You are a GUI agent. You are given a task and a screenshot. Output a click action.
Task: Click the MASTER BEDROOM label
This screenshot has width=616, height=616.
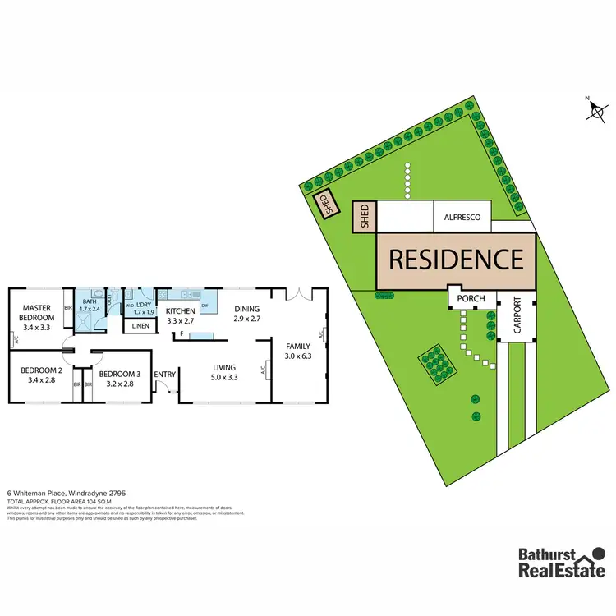[x=38, y=312]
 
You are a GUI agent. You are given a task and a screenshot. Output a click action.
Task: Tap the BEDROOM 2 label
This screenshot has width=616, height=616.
[x=38, y=370]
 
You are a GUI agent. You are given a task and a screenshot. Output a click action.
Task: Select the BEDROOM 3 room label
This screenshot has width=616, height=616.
[x=121, y=374]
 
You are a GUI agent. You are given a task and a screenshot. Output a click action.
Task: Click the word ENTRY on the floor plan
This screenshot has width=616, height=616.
[x=165, y=375]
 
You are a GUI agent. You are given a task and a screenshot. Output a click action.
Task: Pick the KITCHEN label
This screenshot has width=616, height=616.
[x=181, y=311]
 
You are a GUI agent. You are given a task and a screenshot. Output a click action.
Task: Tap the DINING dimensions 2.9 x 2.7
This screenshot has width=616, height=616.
[x=246, y=318]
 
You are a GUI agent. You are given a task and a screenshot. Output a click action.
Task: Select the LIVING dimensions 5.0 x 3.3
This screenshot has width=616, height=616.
[x=223, y=378]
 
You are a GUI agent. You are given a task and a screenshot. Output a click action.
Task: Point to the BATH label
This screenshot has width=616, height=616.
[x=90, y=302]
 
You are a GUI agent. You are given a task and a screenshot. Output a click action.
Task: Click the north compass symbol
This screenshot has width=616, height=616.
[x=596, y=110]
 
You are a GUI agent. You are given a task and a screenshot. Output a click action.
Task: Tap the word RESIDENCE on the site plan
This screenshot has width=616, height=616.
[x=455, y=260]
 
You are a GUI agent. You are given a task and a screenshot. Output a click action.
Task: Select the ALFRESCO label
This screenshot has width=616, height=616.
[x=462, y=218]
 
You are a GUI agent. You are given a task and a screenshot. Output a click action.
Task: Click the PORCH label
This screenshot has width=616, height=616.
[x=471, y=298]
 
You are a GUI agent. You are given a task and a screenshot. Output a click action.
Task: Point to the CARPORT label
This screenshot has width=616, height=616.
[x=517, y=314]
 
